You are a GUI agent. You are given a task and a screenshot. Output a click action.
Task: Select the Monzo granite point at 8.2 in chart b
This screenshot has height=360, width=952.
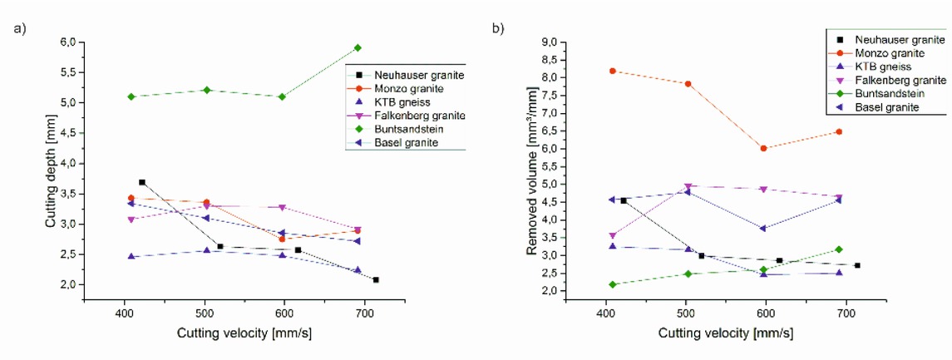(x=613, y=71)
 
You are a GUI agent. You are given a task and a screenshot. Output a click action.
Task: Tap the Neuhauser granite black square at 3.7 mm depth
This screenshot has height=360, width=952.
(x=351, y=182)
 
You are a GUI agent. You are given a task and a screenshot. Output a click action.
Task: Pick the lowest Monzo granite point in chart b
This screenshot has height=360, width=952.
(x=763, y=148)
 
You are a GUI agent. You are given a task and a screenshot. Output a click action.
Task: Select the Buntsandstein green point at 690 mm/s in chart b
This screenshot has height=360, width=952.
(x=840, y=249)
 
